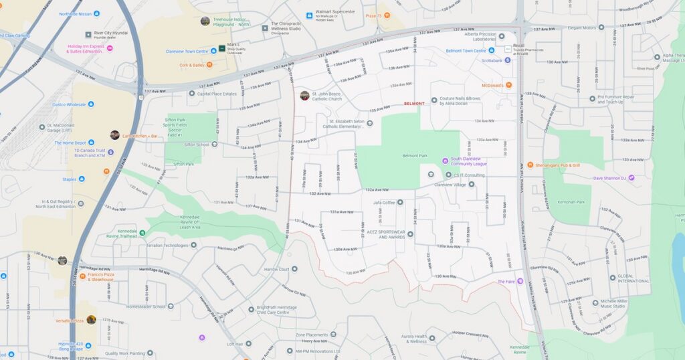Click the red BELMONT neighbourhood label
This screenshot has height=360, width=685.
point(414,104)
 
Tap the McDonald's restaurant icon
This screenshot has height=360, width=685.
point(508,85)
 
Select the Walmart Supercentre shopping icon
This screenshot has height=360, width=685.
point(308,15)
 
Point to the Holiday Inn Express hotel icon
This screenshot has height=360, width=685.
point(110,48)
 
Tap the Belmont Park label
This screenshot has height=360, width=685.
point(415,156)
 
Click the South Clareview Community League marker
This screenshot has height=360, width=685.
point(445,161)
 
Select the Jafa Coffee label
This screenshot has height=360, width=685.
point(384,202)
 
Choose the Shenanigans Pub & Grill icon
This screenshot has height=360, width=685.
point(529,165)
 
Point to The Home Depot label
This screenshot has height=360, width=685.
point(70,143)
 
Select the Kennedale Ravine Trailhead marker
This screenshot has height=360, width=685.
point(142,232)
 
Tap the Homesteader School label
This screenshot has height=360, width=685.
point(145,306)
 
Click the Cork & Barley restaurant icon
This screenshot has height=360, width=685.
point(209,65)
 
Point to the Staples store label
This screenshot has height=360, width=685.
point(70,179)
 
